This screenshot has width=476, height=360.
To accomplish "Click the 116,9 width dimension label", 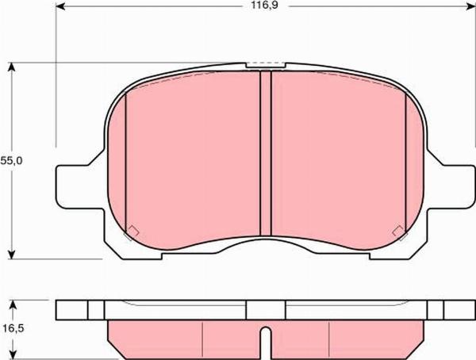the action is coord(264,6).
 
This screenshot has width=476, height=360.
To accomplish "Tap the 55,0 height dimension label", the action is coord(11,161).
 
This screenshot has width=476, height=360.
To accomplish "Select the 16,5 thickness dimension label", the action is coord(13,328).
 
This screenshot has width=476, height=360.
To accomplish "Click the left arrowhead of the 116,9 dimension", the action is coord(60,6).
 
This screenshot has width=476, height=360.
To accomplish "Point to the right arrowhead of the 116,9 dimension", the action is coord(470,6).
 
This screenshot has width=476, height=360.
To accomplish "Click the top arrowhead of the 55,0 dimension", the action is coord(11,67).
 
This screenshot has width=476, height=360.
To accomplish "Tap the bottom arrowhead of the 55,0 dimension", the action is coord(11,255).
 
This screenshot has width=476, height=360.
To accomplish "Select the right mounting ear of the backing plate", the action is coord(451,187).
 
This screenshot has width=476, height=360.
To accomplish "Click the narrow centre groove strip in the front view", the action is coord(266,153).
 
